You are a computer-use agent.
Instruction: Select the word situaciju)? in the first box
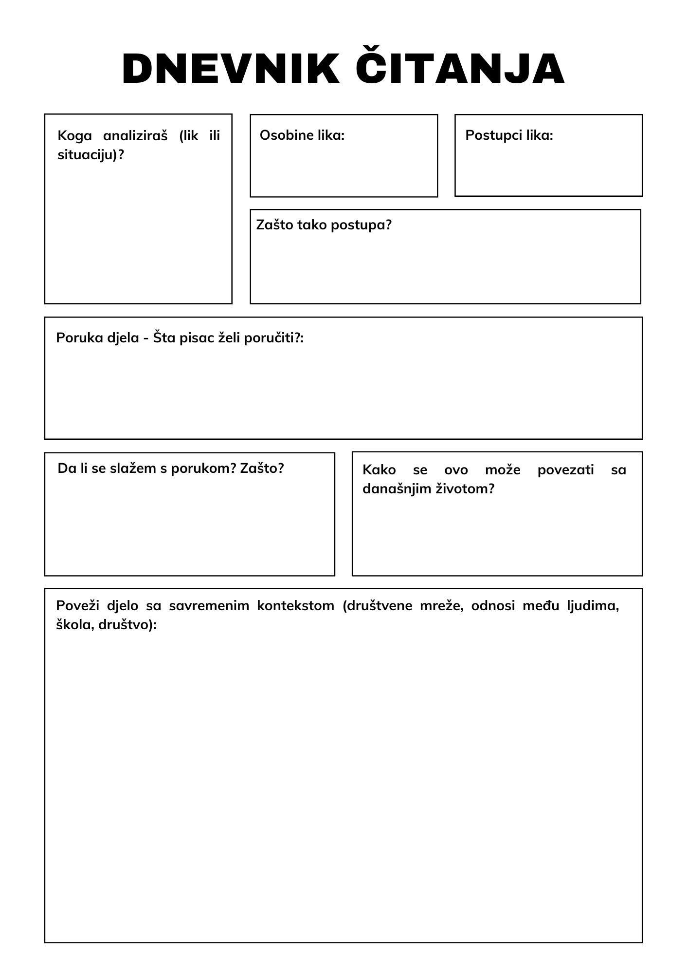tap(91, 155)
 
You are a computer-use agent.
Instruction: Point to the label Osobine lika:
tap(302, 135)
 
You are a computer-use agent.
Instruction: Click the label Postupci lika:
tap(509, 135)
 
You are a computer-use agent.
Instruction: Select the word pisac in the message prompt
tap(196, 337)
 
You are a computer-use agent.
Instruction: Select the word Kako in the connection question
tap(379, 470)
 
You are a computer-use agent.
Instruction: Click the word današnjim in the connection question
tap(393, 489)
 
